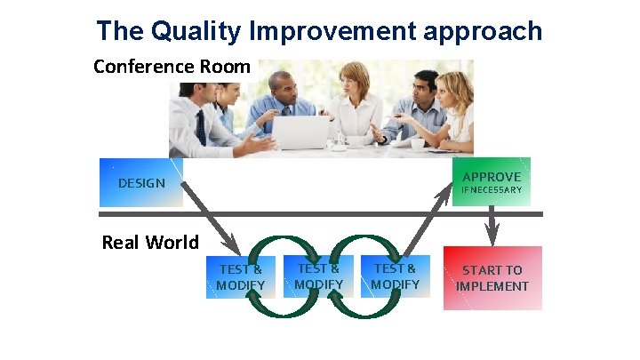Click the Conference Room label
pyautogui.click(x=172, y=67)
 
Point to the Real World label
pyautogui.click(x=150, y=242)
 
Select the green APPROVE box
pyautogui.click(x=491, y=181)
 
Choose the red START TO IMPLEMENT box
pyautogui.click(x=492, y=277)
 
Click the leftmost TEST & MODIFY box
pyautogui.click(x=240, y=276)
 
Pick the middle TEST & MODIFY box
pyautogui.click(x=318, y=276)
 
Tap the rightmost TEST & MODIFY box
pyautogui.click(x=395, y=276)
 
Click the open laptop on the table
pyautogui.click(x=300, y=133)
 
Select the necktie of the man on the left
pyautogui.click(x=201, y=127)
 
